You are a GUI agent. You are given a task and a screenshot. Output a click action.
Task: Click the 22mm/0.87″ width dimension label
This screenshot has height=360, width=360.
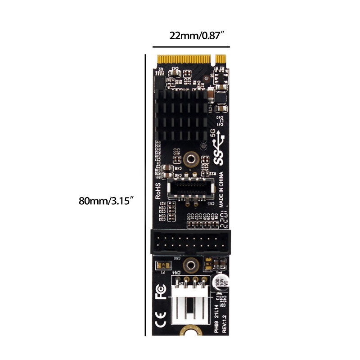click(197, 36)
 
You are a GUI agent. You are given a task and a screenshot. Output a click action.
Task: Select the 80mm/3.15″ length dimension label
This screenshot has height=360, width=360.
click(107, 200)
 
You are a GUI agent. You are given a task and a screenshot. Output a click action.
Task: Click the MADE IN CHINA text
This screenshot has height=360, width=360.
click(221, 189)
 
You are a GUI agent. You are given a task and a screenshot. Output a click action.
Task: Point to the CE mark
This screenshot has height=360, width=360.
click(160, 324)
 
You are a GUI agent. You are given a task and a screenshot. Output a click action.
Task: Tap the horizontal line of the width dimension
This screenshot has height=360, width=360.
click(191, 47)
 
